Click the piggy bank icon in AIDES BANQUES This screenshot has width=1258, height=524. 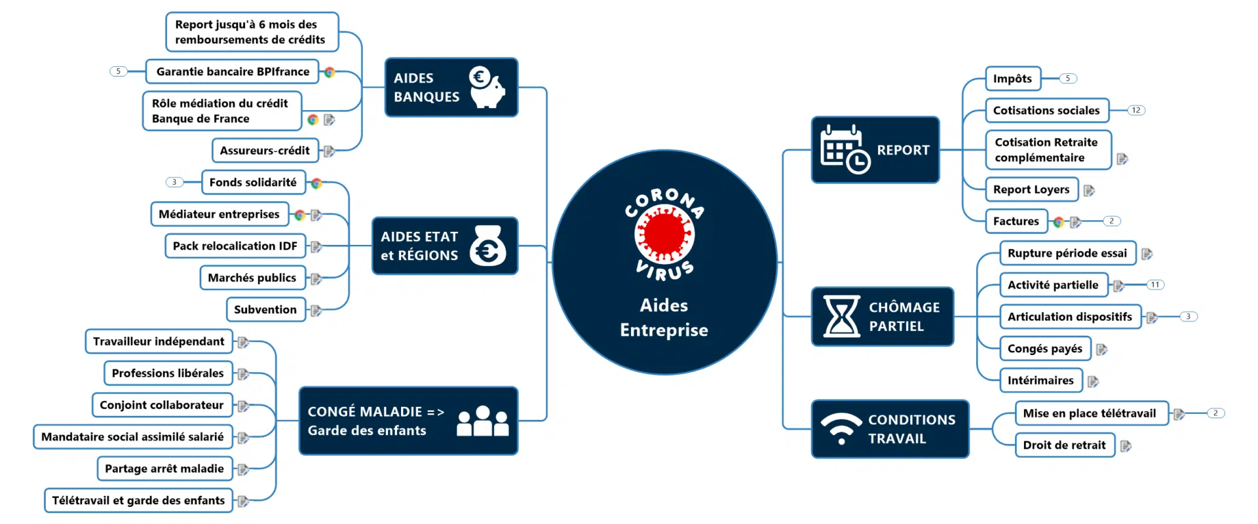(x=487, y=88)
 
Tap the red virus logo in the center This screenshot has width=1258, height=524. (x=664, y=234)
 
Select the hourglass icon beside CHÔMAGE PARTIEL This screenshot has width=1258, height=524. (x=841, y=316)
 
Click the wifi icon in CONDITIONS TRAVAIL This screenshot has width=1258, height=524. (x=841, y=428)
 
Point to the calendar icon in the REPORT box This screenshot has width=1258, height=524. (x=845, y=150)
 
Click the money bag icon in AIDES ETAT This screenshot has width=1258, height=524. (x=487, y=246)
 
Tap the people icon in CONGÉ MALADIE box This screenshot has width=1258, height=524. (x=483, y=421)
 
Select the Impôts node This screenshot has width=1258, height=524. (x=1012, y=79)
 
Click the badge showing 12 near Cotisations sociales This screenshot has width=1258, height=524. (x=1135, y=110)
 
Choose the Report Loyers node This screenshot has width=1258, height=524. (x=1031, y=190)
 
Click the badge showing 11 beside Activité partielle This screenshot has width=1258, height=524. (x=1154, y=285)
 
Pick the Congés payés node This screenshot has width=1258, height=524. (x=1044, y=348)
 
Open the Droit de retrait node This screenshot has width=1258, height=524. (x=1064, y=445)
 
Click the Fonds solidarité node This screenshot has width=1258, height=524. (x=253, y=182)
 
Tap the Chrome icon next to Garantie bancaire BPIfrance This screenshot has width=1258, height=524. (x=330, y=72)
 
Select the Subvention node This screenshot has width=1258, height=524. (x=265, y=309)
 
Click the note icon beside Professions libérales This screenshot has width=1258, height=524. (x=243, y=374)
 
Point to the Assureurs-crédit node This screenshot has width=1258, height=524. (x=265, y=151)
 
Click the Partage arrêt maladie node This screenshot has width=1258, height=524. (x=164, y=468)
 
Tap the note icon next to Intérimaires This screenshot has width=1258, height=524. (x=1093, y=381)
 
